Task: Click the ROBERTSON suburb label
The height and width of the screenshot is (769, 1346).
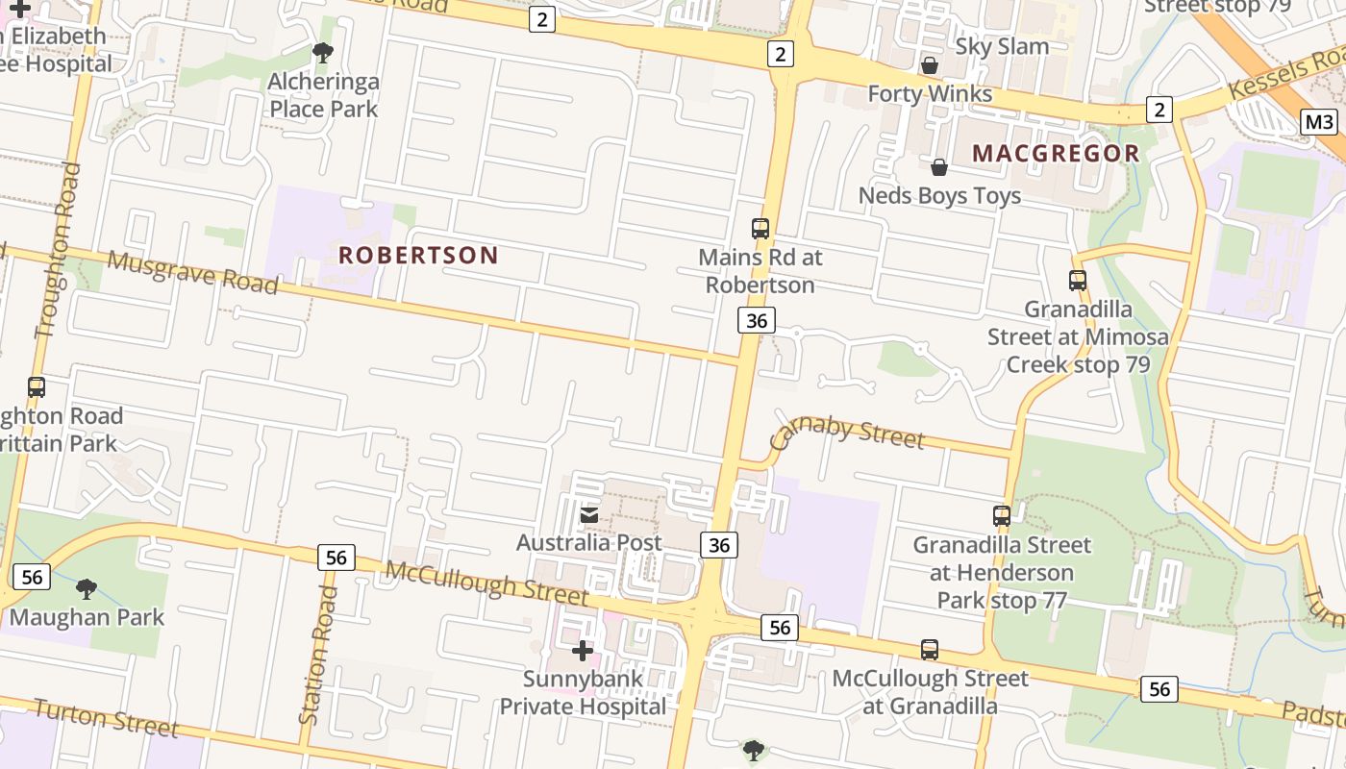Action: click(x=418, y=255)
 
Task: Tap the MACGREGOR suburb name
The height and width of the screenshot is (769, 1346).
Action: click(x=1056, y=153)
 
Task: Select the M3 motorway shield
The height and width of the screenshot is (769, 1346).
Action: click(x=1320, y=122)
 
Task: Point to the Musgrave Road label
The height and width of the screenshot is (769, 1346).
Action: click(x=192, y=272)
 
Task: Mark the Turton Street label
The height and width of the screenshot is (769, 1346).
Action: click(x=106, y=717)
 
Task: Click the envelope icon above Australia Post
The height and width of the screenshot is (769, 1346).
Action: click(x=589, y=516)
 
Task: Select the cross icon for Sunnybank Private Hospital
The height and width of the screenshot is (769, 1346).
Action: click(x=582, y=652)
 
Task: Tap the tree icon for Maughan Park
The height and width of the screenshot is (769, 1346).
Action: click(x=87, y=588)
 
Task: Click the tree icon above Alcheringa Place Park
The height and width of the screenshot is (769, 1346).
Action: click(x=323, y=53)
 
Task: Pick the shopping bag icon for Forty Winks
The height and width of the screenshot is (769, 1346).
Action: click(x=930, y=65)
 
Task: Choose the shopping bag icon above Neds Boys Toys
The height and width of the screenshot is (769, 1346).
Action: click(x=939, y=167)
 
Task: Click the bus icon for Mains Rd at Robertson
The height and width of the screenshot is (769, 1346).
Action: click(x=760, y=229)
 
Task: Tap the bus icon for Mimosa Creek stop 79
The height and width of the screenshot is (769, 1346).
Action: click(x=1078, y=281)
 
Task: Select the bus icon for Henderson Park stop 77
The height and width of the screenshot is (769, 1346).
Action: click(x=1002, y=516)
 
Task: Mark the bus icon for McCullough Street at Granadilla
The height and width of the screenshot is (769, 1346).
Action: click(x=930, y=650)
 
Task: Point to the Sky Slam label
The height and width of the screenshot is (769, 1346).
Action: click(x=1002, y=46)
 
